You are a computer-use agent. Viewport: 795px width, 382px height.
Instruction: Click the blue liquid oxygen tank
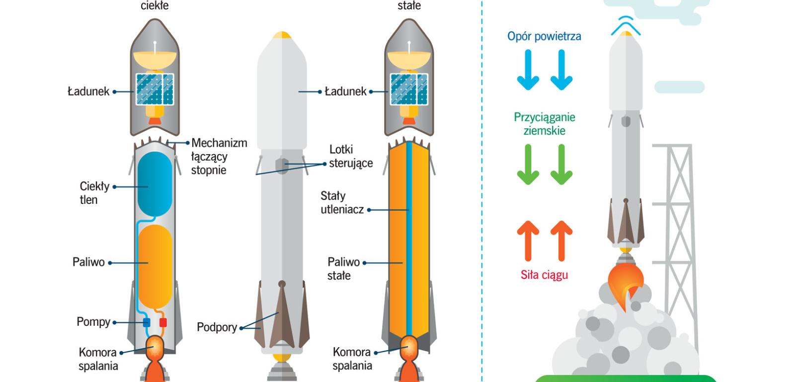tap(155, 184)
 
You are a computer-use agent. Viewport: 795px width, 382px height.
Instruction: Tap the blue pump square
tap(147, 323)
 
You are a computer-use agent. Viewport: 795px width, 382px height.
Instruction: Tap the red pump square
tap(163, 323)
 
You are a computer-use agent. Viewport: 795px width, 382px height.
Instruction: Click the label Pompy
tap(93, 322)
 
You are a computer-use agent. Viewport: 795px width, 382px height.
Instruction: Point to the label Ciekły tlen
tap(94, 193)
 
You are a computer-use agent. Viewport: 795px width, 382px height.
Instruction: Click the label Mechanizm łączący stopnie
tap(219, 156)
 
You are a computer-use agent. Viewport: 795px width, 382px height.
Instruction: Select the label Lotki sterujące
tap(351, 156)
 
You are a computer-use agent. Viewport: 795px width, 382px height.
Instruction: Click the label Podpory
tap(217, 327)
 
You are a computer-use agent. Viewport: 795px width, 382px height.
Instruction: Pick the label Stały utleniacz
tap(342, 202)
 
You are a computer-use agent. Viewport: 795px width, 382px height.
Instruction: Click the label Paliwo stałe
tap(343, 269)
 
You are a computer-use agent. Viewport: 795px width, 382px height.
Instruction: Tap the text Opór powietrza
tap(544, 36)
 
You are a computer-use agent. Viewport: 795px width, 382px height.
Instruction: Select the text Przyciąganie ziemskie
tap(544, 124)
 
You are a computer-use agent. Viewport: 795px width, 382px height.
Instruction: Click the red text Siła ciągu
tap(544, 275)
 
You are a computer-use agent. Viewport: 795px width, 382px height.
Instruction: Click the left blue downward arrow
tap(528, 70)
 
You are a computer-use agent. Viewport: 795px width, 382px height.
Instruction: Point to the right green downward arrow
tap(561, 165)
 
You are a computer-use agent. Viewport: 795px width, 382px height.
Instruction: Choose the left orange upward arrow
tap(528, 241)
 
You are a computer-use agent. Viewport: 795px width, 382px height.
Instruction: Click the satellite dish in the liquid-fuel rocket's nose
tap(155, 58)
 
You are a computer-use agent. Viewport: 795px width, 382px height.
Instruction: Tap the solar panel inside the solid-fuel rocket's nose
tap(409, 89)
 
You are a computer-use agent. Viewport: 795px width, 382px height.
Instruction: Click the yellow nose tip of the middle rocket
tap(282, 35)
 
